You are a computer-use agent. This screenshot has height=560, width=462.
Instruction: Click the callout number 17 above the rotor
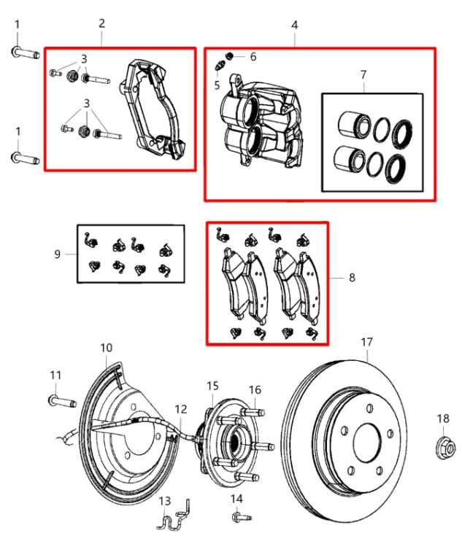[366, 341]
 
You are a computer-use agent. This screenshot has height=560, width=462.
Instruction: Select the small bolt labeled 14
[238, 517]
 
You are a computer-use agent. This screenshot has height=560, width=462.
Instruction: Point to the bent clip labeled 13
[173, 518]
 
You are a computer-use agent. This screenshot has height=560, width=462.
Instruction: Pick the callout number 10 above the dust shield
[107, 347]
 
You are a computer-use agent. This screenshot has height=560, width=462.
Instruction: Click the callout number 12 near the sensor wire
[181, 410]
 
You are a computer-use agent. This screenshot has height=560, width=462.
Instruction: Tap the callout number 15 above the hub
[212, 385]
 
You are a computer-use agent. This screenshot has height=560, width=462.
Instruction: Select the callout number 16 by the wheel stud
[255, 389]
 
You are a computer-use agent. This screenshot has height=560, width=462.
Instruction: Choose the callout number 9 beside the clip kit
[57, 254]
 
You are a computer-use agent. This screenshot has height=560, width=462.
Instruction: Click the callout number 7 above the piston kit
[363, 74]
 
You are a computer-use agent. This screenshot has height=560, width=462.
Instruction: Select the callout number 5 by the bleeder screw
[217, 85]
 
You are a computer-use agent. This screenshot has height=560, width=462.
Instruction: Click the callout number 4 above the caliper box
[294, 25]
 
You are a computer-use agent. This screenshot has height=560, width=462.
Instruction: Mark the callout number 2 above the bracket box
[101, 23]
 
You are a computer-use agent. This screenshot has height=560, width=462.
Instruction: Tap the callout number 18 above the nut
[444, 418]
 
